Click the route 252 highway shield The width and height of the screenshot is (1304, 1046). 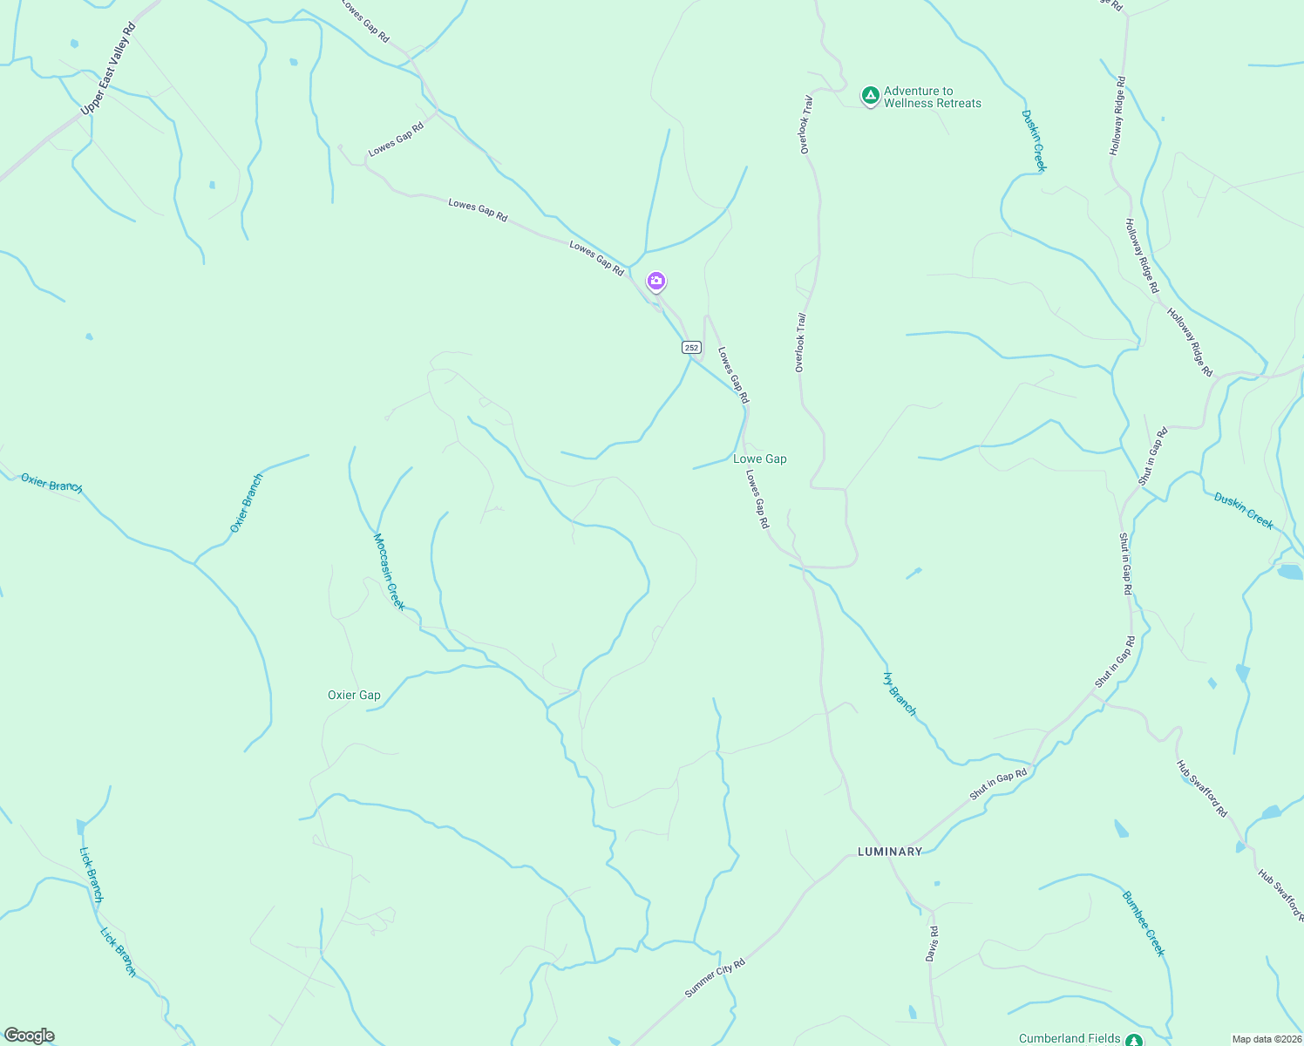click(x=691, y=347)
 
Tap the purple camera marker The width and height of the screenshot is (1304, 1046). click(x=656, y=282)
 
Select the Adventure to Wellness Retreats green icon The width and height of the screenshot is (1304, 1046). click(x=870, y=96)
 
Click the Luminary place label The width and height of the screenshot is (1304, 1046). click(x=889, y=852)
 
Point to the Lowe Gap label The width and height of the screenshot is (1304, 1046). click(x=760, y=458)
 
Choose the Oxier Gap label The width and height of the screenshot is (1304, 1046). click(x=354, y=695)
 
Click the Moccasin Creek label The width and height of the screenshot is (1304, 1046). click(x=389, y=572)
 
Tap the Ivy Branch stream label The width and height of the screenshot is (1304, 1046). click(x=900, y=694)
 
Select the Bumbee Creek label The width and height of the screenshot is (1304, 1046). click(x=1143, y=923)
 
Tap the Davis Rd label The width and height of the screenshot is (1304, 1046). click(x=932, y=938)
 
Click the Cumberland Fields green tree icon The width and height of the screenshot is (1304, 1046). click(x=1133, y=1040)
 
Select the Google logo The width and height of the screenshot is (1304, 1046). click(x=29, y=1036)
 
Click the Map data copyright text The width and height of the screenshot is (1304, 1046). click(x=1267, y=1039)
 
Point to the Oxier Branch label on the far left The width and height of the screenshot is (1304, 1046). click(x=51, y=484)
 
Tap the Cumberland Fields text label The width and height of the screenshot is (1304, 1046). click(x=1070, y=1038)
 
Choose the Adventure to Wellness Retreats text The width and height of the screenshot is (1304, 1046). click(x=932, y=97)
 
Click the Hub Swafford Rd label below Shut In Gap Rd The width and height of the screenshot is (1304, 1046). click(x=1202, y=788)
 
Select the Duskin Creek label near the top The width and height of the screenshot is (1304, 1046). click(x=1034, y=140)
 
